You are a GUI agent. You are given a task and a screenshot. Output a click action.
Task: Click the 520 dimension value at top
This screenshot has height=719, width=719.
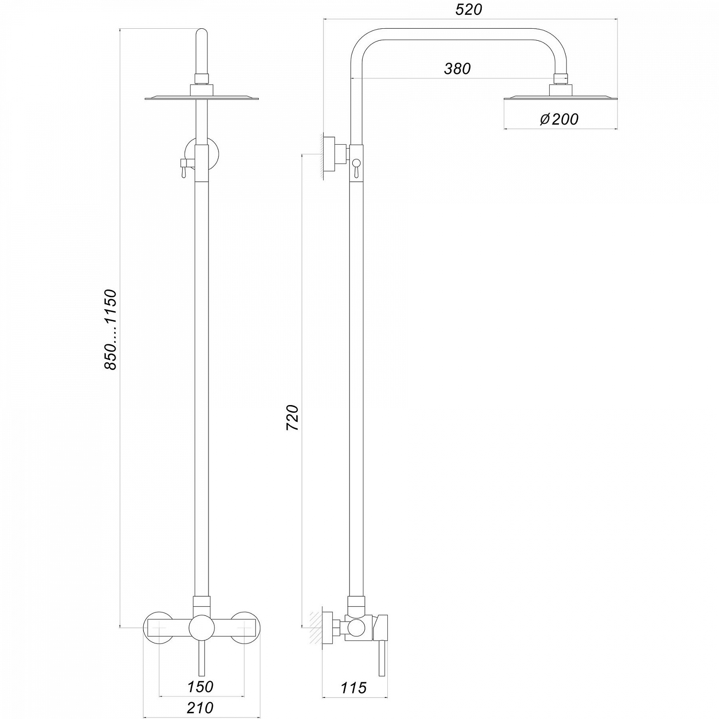[x=468, y=9]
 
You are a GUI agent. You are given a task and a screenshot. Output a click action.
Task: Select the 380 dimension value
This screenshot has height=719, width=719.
[x=457, y=69]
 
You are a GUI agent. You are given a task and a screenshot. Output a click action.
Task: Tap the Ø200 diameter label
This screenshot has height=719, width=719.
[x=559, y=119]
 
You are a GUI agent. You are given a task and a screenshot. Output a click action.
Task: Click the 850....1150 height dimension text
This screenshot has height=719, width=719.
[x=110, y=329]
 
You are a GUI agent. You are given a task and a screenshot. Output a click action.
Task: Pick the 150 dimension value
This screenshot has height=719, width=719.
[x=200, y=686]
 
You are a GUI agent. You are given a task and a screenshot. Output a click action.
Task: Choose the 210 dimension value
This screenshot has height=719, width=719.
[x=200, y=707]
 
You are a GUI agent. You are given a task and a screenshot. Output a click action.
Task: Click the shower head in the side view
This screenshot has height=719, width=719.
[x=560, y=98]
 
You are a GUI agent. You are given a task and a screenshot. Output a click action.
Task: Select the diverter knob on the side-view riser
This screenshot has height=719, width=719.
[x=356, y=167]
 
